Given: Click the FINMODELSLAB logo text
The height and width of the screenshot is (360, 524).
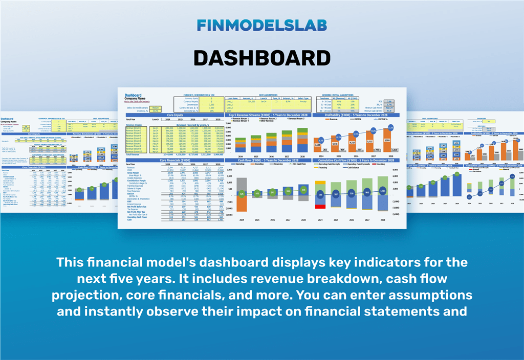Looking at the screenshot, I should click(261, 26).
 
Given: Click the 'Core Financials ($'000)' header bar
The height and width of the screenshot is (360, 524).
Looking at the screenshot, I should click(174, 160).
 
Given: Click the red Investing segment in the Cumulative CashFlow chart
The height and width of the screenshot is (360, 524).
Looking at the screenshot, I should click(320, 206).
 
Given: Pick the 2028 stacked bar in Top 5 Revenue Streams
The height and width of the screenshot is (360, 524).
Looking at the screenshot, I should click(302, 141).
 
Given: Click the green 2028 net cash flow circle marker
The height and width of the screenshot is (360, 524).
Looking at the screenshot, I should click(303, 190).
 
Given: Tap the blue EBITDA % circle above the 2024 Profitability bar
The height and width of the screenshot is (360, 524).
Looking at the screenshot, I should click(321, 140).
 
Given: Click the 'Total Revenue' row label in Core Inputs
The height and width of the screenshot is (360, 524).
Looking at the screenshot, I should click(134, 154).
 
